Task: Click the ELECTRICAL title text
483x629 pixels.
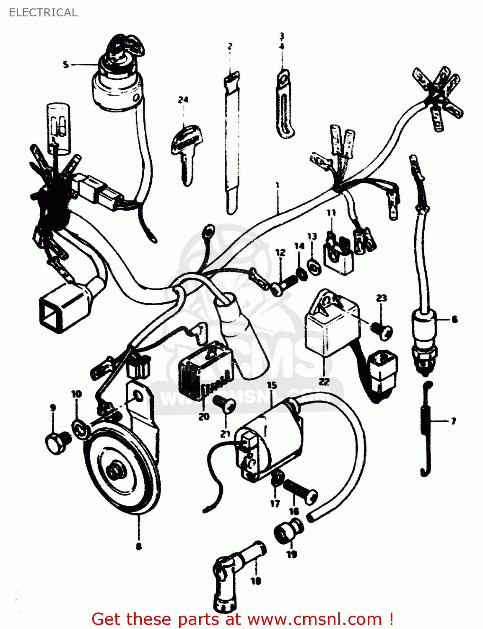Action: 43,13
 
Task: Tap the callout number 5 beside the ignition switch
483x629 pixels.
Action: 65,65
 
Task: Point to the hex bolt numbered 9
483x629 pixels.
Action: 57,442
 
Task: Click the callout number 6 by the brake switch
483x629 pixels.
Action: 454,320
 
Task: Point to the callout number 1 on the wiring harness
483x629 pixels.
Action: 277,185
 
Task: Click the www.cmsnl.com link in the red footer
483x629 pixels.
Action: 314,619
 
